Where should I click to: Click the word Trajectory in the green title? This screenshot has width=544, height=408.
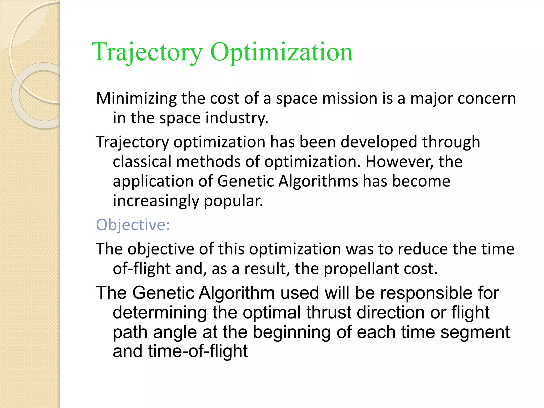point(147,52)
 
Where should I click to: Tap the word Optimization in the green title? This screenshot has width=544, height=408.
point(282,52)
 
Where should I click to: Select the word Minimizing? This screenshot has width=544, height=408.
point(136,99)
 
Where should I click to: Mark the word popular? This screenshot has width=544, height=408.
point(233,201)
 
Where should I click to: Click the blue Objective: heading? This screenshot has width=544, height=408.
point(133,225)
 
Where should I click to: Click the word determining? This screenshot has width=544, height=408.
point(160,313)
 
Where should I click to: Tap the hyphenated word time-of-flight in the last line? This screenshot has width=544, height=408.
point(198,351)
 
